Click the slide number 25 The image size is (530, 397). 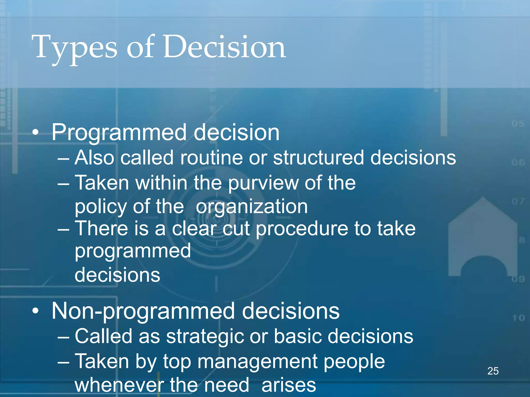493,371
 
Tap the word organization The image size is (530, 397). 252,207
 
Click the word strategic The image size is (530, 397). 204,337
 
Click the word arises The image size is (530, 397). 289,385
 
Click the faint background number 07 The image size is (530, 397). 518,201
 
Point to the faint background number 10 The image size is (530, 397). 518,318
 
